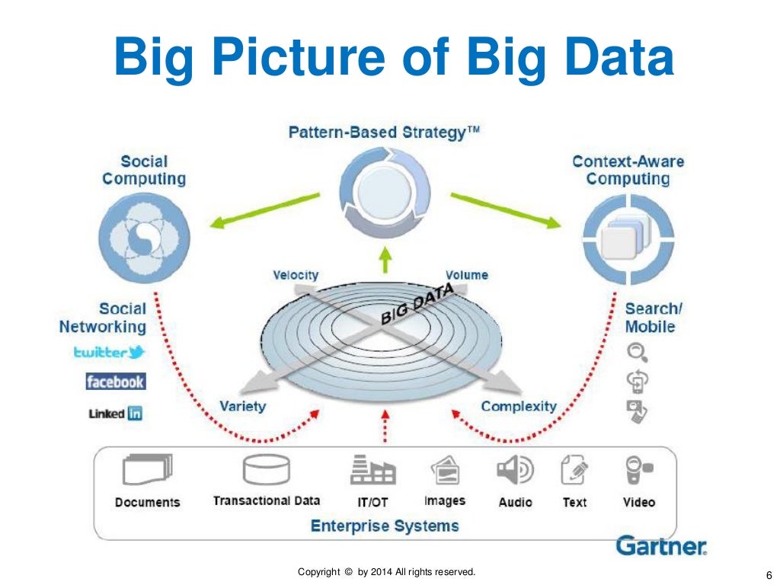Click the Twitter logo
109,352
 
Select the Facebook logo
115,382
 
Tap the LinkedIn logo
116,414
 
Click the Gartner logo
661,545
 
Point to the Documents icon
147,470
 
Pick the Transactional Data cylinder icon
266,470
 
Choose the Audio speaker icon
515,471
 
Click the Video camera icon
638,471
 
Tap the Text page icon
574,470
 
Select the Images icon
445,471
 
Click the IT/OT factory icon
372,471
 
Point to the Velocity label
296,275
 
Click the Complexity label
519,406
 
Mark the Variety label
242,406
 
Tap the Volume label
467,275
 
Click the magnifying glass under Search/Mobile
637,352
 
